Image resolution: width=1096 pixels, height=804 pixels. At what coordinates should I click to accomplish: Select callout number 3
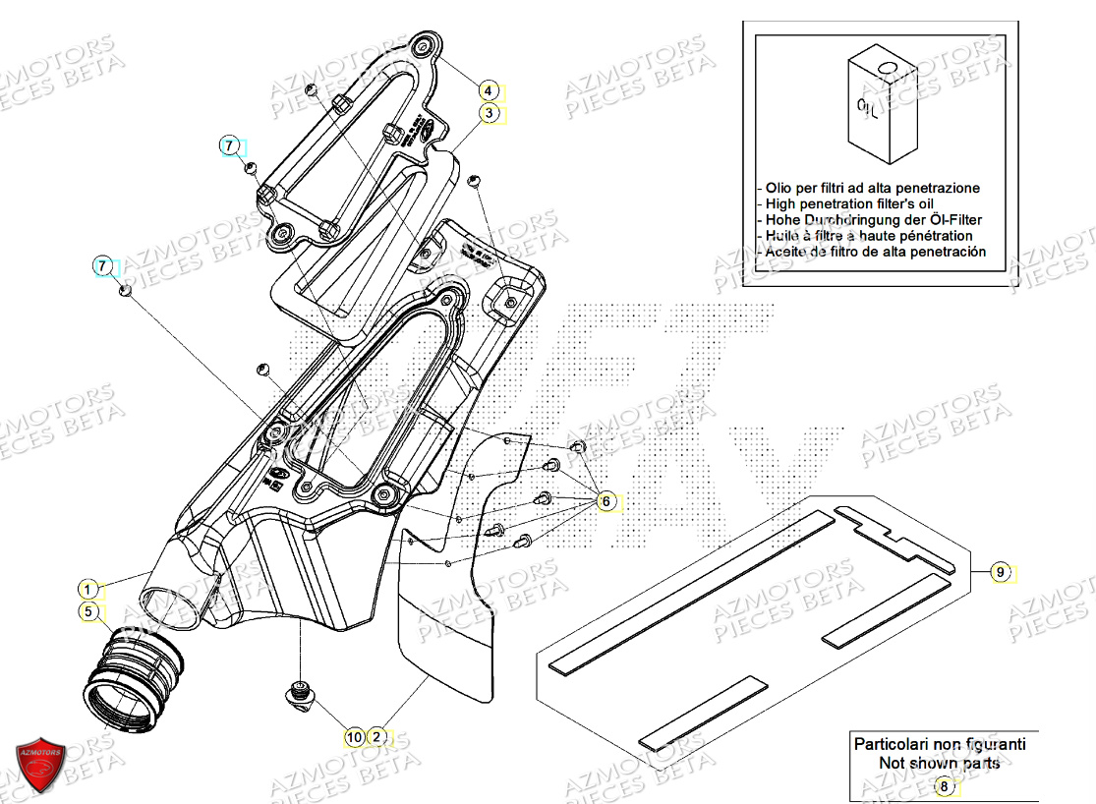click(489, 113)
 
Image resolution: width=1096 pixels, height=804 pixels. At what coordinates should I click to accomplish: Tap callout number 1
click(88, 590)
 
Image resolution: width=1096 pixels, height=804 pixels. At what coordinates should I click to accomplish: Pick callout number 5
click(88, 612)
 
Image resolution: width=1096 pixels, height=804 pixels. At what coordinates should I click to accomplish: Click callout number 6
click(606, 501)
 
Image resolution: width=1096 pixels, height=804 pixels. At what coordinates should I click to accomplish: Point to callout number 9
click(1000, 571)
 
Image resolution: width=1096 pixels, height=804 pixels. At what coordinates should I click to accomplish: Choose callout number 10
click(353, 735)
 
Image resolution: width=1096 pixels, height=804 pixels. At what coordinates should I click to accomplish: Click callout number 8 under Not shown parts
click(944, 785)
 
